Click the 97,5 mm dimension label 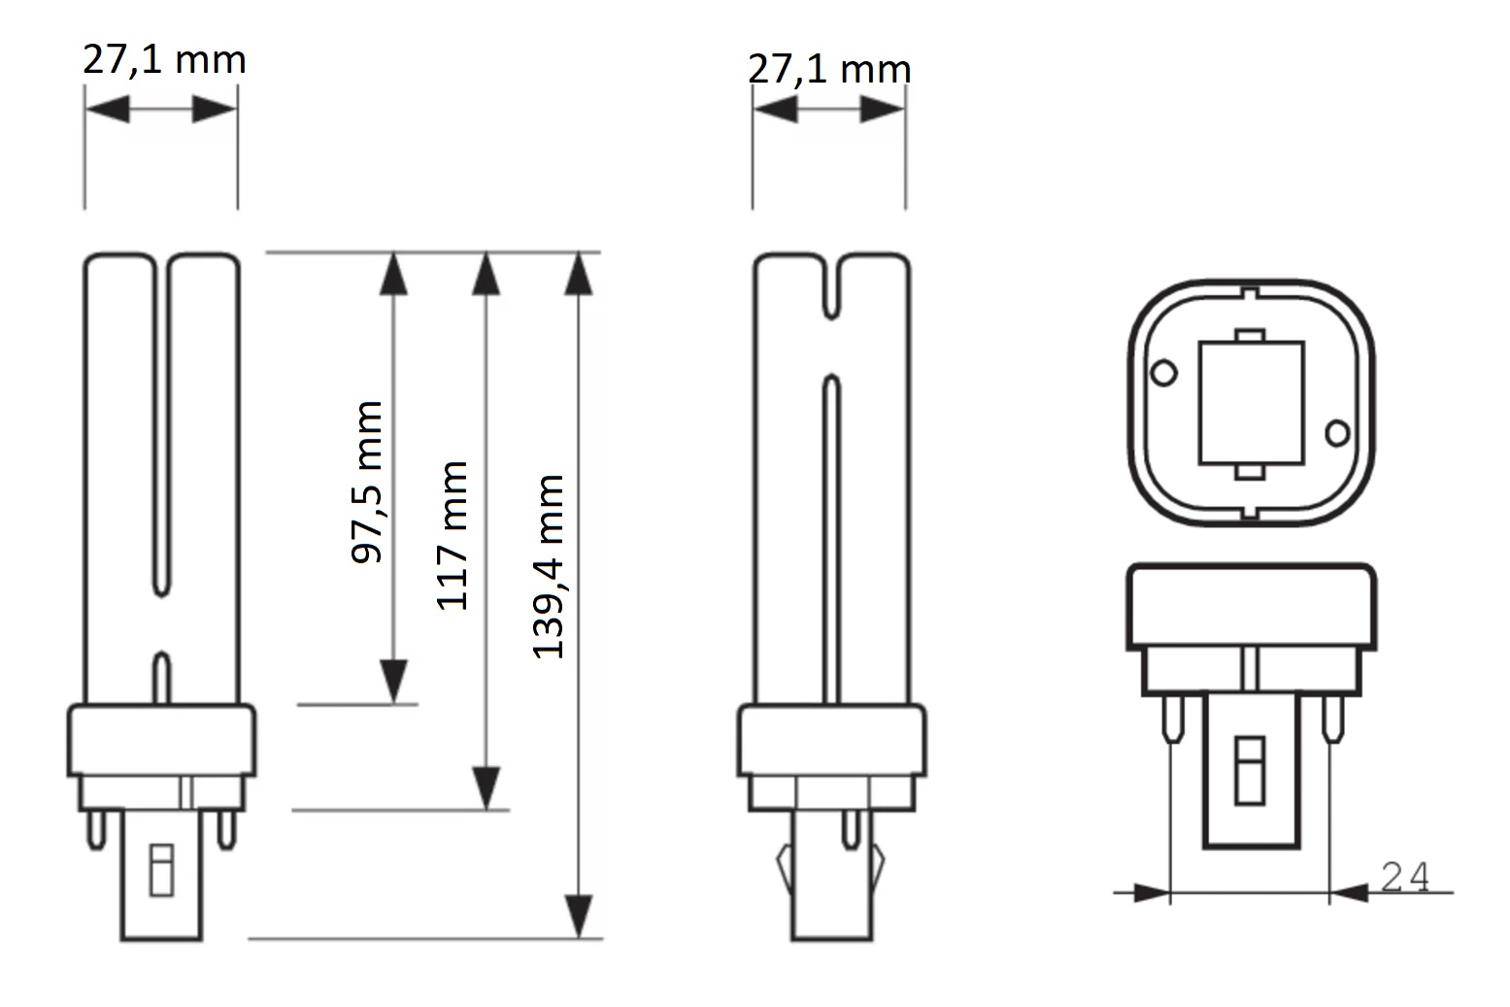coord(367,482)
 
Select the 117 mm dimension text coord(453,536)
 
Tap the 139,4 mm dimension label coord(548,566)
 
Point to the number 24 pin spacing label coord(1405,877)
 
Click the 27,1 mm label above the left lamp coord(164,60)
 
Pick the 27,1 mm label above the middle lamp coord(830,69)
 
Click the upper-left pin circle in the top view coord(1163,373)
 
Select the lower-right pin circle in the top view coord(1337,433)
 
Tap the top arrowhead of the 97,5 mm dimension coord(393,274)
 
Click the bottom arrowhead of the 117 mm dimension coord(487,788)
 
